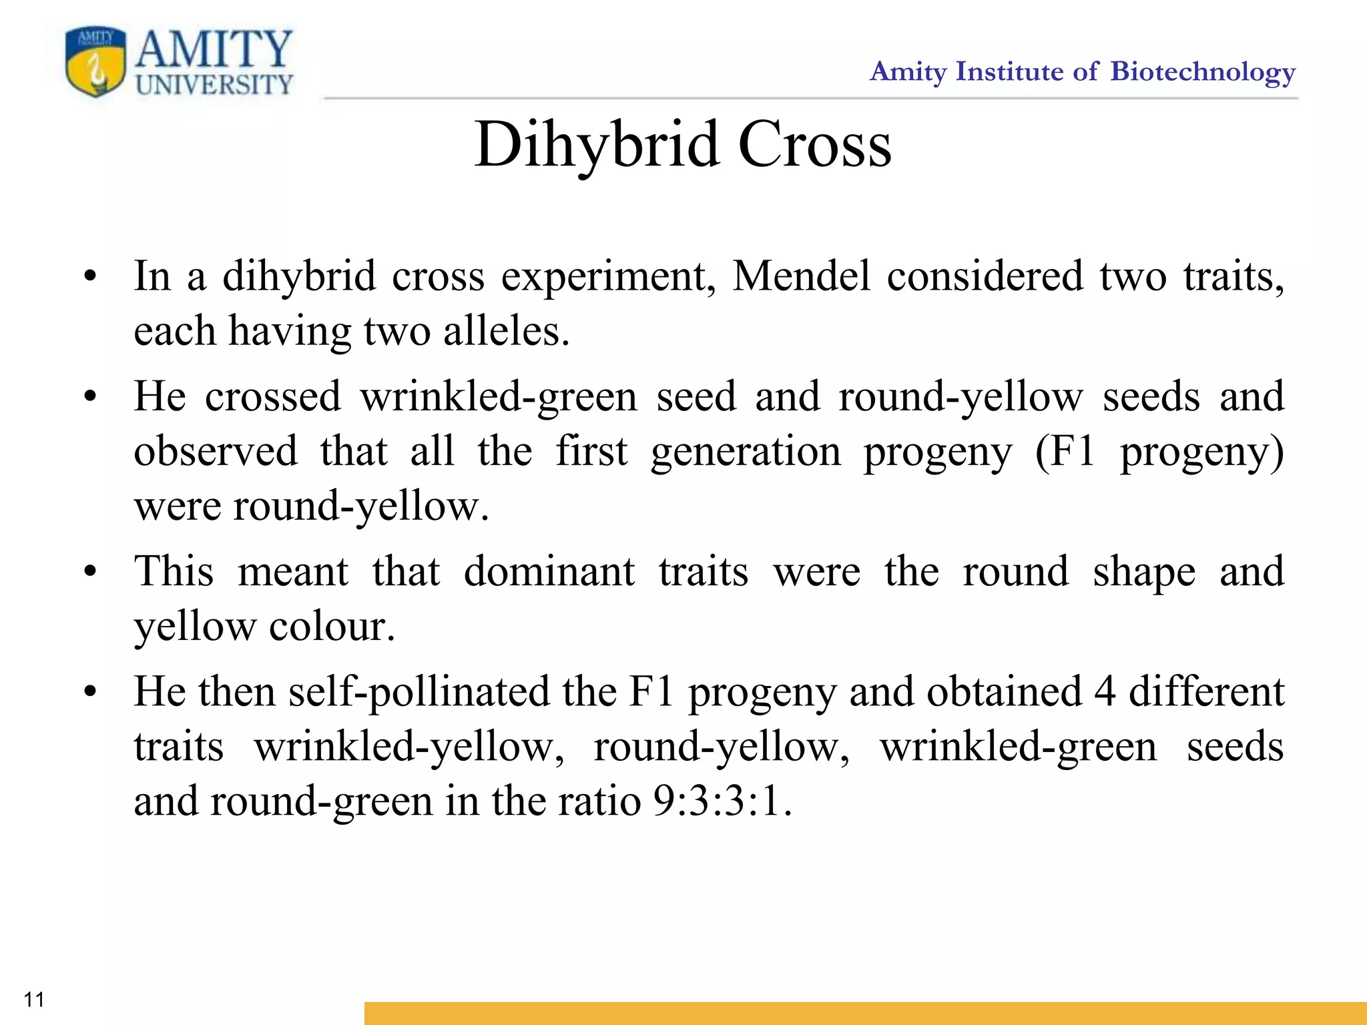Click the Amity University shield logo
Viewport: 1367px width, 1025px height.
[x=95, y=61]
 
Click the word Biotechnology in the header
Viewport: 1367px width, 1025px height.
[x=1203, y=72]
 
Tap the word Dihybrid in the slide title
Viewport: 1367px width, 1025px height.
[x=597, y=145]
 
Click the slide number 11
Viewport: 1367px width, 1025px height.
[x=34, y=999]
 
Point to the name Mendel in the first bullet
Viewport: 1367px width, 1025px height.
[x=801, y=276]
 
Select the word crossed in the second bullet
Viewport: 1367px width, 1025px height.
[x=273, y=396]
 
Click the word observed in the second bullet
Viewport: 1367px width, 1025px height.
[x=216, y=451]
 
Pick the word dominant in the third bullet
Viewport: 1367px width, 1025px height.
[x=549, y=572]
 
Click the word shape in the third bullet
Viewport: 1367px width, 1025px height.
[x=1144, y=573]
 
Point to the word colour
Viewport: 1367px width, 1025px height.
[x=332, y=627]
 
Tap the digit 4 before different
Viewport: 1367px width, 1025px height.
[x=1105, y=692]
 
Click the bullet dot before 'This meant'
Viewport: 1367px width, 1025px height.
[x=90, y=573]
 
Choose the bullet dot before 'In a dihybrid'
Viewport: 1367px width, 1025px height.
[x=90, y=276]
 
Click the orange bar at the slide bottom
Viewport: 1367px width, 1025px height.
[x=865, y=1012]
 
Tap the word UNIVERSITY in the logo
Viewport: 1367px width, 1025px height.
[x=214, y=85]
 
